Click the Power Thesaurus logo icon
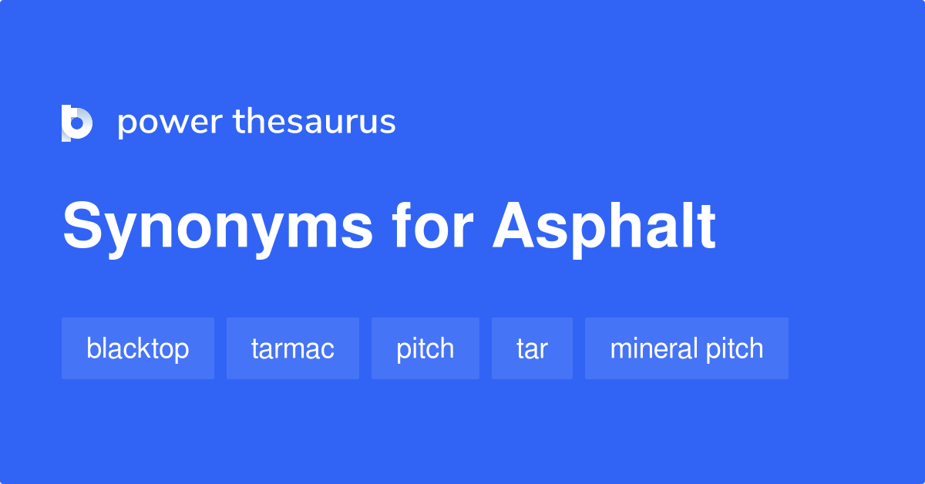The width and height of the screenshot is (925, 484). tap(77, 123)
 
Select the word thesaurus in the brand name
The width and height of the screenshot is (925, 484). tap(314, 122)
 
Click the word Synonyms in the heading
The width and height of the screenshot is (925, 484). tap(217, 228)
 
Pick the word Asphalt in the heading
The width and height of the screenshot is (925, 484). tap(604, 227)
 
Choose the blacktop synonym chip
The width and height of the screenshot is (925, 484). tap(138, 348)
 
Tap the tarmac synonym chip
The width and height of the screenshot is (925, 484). tap(293, 348)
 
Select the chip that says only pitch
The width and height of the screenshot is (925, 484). tap(425, 348)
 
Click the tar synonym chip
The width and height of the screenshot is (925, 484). tap(532, 348)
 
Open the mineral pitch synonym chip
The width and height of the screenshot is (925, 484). tap(687, 348)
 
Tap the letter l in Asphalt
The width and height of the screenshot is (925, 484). tap(684, 227)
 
